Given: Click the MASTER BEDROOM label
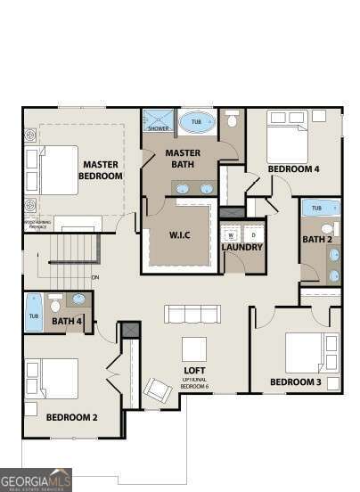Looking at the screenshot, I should point(101,169).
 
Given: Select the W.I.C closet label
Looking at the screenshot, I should point(181,235).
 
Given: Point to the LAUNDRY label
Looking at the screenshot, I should point(242,247).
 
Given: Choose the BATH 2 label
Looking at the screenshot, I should point(316,239).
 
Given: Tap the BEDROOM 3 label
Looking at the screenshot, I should point(297,383).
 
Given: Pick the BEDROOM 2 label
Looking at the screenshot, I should point(71,416).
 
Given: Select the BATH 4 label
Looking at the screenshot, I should point(67,321).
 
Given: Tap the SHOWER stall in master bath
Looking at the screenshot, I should point(159,121).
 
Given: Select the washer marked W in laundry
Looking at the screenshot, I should point(231,234).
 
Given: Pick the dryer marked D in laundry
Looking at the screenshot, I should point(253,234).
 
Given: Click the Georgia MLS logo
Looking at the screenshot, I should point(36,479).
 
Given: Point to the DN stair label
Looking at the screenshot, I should point(94,277).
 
